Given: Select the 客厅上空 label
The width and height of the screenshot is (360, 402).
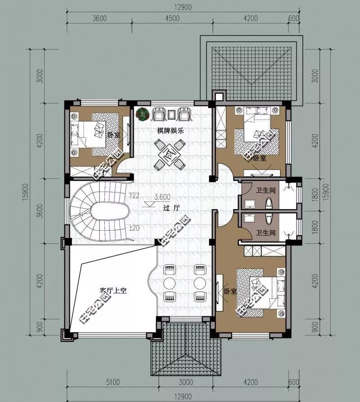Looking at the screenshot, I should tap(113, 291).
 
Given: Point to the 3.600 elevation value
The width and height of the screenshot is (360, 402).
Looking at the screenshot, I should tap(162, 197).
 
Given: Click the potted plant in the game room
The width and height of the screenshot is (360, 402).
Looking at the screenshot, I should tap(142, 114).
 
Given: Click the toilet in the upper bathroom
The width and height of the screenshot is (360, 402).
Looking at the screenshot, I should tap(269, 203).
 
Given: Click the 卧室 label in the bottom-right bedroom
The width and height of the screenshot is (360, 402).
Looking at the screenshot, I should tap(230, 291).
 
